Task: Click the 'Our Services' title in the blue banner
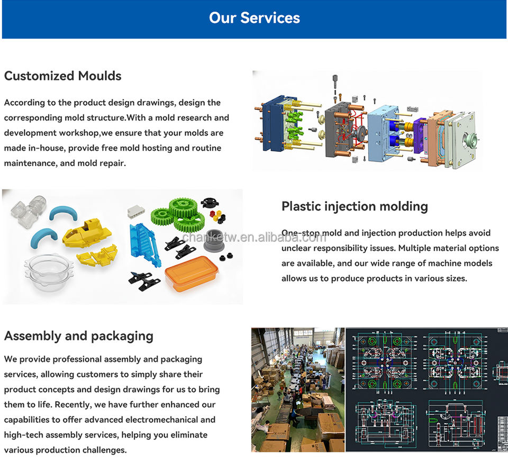(x=254, y=18)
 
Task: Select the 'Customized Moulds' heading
(x=63, y=76)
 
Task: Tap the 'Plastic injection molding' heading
(x=355, y=206)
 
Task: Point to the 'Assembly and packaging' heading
(x=79, y=336)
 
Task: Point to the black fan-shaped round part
(x=210, y=204)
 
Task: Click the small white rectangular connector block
(x=136, y=212)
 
